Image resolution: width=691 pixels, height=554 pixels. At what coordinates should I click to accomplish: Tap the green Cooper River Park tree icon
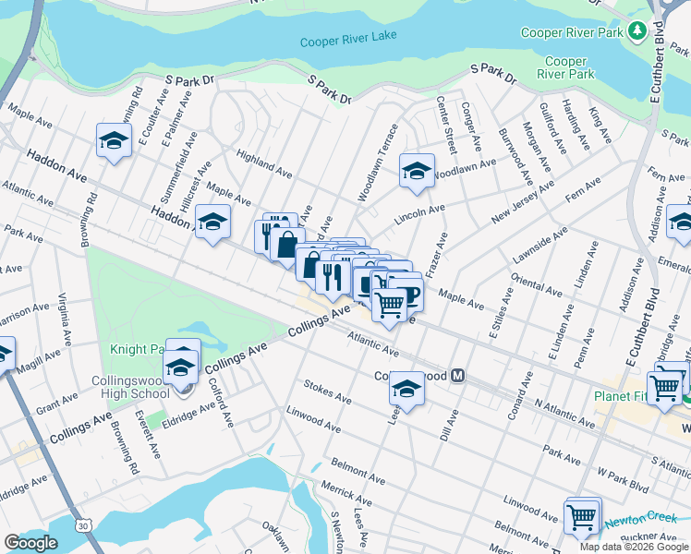(636, 31)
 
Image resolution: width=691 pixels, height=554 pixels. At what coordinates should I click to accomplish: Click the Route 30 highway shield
(84, 525)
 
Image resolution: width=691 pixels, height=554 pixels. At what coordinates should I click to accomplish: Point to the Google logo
(30, 543)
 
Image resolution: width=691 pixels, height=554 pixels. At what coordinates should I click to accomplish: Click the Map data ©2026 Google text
(634, 547)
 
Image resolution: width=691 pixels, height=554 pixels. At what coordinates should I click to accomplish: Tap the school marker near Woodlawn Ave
(417, 171)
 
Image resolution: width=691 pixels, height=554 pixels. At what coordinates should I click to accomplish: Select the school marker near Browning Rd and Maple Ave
(114, 141)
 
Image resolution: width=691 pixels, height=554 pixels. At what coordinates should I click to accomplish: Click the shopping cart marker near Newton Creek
(581, 516)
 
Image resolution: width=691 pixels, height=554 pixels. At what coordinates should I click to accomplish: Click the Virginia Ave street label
(64, 319)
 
